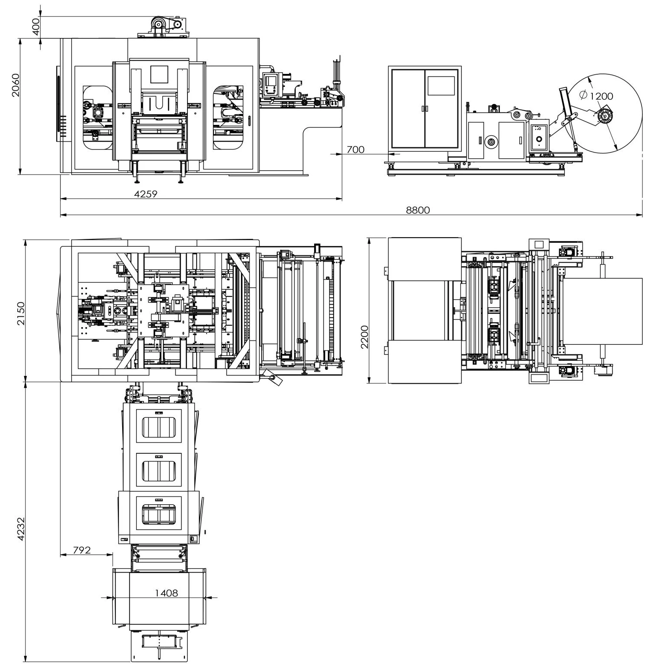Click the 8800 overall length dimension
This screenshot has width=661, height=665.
click(418, 210)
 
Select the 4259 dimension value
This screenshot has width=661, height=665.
click(146, 194)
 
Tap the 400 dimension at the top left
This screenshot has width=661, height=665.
click(36, 27)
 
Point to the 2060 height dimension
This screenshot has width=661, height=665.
click(16, 85)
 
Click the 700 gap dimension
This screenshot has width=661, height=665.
click(356, 150)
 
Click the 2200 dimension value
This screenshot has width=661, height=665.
click(364, 337)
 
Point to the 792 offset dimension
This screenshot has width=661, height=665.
click(82, 550)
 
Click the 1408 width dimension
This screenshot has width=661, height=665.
click(166, 593)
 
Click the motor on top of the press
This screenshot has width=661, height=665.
click(159, 25)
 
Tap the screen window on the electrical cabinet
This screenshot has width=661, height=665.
click(441, 86)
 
